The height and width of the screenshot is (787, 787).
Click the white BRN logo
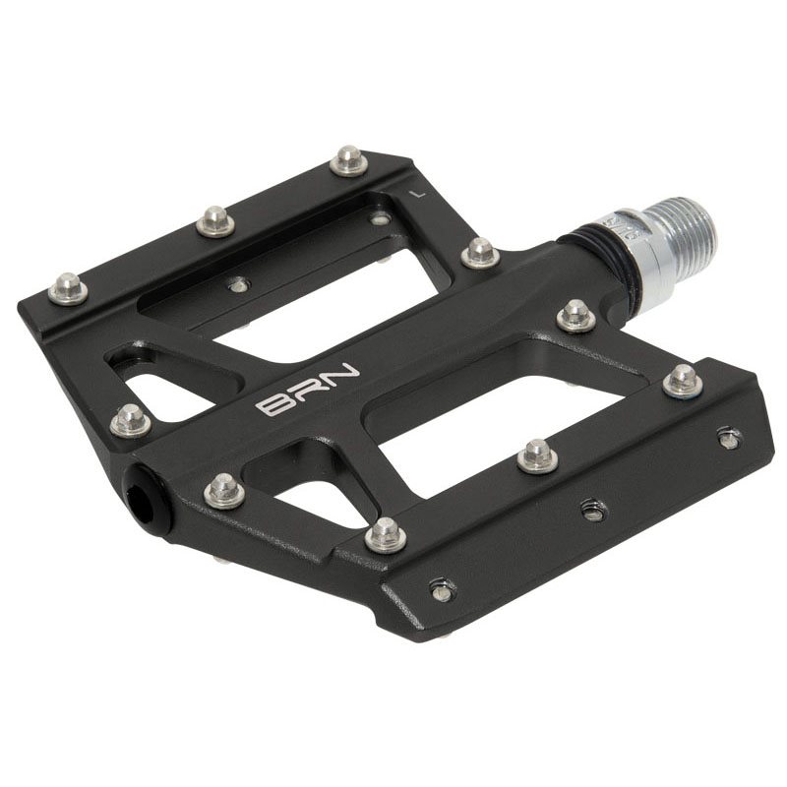tap(308, 391)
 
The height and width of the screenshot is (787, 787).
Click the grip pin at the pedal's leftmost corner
tap(68, 288)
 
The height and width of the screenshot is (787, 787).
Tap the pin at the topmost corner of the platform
tap(348, 159)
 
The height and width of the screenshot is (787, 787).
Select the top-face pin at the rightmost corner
tap(682, 381)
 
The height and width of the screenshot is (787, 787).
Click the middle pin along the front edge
tap(537, 454)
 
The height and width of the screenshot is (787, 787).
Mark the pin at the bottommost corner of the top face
tap(386, 534)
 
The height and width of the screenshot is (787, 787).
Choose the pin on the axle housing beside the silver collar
tap(575, 316)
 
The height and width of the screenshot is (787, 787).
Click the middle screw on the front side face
tap(592, 510)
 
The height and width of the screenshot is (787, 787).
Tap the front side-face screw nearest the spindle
tap(728, 438)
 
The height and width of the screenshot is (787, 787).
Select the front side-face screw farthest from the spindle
tap(443, 590)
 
